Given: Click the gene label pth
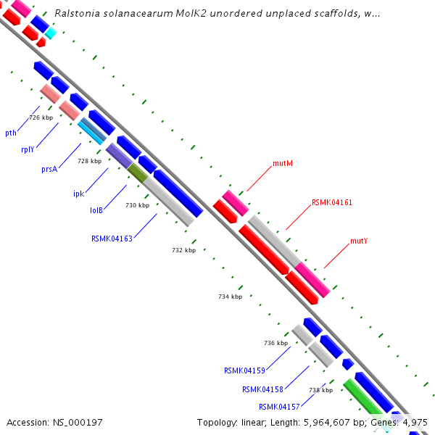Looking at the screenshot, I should (x=11, y=133).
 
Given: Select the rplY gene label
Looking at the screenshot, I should (x=28, y=150).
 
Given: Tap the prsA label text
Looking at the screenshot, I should (x=49, y=169).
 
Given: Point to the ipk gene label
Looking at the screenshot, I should (x=78, y=194).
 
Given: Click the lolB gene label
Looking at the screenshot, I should (x=96, y=210).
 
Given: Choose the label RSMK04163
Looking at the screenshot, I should (x=112, y=238).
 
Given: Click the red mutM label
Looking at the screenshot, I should (x=283, y=164).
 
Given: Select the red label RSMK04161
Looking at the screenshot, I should (x=332, y=203).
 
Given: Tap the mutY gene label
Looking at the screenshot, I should (x=359, y=241).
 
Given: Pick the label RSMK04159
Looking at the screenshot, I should (x=244, y=370).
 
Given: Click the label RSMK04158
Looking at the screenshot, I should (x=262, y=389).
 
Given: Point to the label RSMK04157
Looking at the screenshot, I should (x=279, y=407).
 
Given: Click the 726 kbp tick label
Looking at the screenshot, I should (x=41, y=117).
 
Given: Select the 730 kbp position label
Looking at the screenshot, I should (x=137, y=205).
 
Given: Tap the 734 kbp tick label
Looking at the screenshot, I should (x=230, y=297).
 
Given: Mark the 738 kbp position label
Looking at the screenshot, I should (x=320, y=390).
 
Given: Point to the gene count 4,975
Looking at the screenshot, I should (x=414, y=422).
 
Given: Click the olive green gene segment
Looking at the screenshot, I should (x=138, y=173).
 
